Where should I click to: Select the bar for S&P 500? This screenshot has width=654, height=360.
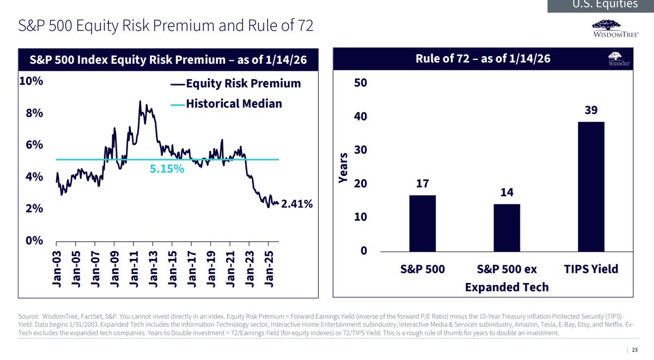[x=422, y=223]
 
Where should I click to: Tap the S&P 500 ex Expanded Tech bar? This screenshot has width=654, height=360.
[x=506, y=228]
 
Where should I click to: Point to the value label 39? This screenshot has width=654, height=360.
[x=591, y=110]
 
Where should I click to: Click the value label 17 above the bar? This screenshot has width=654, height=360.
[x=422, y=184]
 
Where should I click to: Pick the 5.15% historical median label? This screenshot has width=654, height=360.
[x=167, y=169]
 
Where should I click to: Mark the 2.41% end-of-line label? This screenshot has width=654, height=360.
[x=297, y=204]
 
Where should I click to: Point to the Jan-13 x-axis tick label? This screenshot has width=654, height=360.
[x=154, y=270]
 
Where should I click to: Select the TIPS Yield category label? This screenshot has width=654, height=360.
[x=591, y=269]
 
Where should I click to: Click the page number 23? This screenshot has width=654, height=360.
[x=635, y=351]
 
